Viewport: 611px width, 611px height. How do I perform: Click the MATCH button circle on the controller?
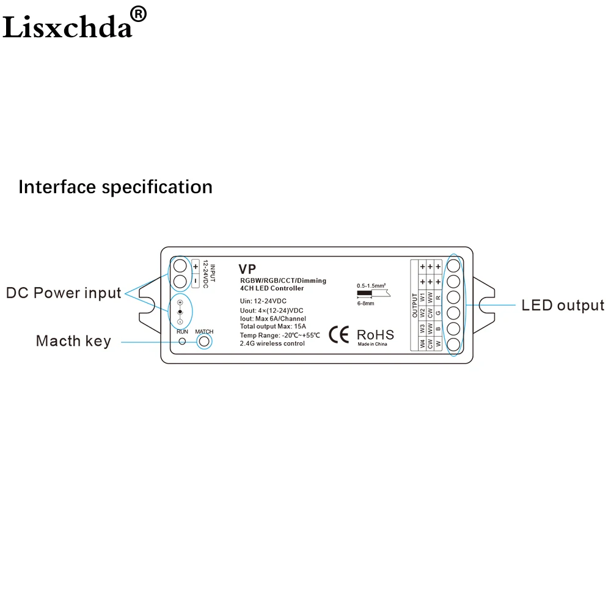[x=204, y=342]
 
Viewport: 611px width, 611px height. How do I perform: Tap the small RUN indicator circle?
[x=182, y=342]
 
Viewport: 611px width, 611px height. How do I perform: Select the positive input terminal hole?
[x=180, y=266]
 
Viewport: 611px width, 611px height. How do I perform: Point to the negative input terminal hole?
[x=180, y=281]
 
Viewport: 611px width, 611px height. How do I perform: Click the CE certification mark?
[x=338, y=335]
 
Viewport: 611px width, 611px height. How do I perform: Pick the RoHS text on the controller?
[x=375, y=335]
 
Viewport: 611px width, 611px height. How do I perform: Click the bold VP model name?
[x=247, y=269]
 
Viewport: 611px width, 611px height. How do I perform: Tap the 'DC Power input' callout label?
[x=64, y=293]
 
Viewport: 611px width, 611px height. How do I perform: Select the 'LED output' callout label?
[x=563, y=305]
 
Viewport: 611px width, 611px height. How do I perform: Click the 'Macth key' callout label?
[x=74, y=341]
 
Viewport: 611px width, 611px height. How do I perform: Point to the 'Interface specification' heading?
[x=115, y=187]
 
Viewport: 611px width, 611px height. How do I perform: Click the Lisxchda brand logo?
[x=67, y=27]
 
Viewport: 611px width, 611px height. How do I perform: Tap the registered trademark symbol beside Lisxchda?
[x=138, y=14]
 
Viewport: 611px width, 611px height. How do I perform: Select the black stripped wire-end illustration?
[x=364, y=293]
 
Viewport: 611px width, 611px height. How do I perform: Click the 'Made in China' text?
[x=373, y=344]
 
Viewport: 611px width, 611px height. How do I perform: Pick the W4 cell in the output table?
[x=422, y=343]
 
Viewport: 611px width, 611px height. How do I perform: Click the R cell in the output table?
[x=438, y=298]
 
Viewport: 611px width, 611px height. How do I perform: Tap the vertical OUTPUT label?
[x=415, y=305]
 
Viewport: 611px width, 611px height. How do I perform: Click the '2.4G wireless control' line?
[x=272, y=343]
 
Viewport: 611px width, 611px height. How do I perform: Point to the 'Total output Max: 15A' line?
[x=273, y=326]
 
